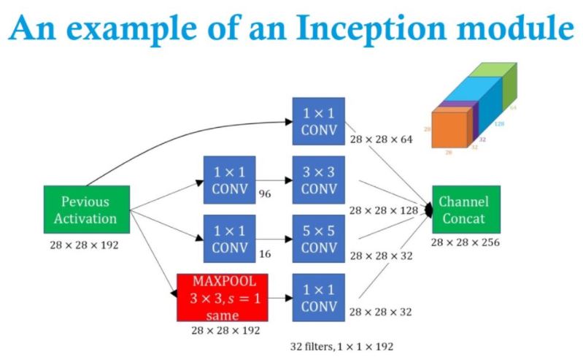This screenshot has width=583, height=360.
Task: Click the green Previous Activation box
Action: pos(86,209)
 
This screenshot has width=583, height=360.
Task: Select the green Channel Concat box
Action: pos(466,209)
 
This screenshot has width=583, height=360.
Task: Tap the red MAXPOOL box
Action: pos(222,296)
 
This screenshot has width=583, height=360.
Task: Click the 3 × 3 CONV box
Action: pos(318,180)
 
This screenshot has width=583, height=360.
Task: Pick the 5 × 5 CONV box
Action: pos(318,239)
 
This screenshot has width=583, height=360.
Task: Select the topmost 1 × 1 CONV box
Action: pos(318,121)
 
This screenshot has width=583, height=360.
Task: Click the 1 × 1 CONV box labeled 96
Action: pos(230,180)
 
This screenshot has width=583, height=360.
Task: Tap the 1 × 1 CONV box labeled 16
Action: pos(230,239)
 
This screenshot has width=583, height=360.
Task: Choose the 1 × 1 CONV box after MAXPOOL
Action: pos(318,296)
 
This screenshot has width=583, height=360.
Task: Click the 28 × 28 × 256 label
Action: pos(465,242)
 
